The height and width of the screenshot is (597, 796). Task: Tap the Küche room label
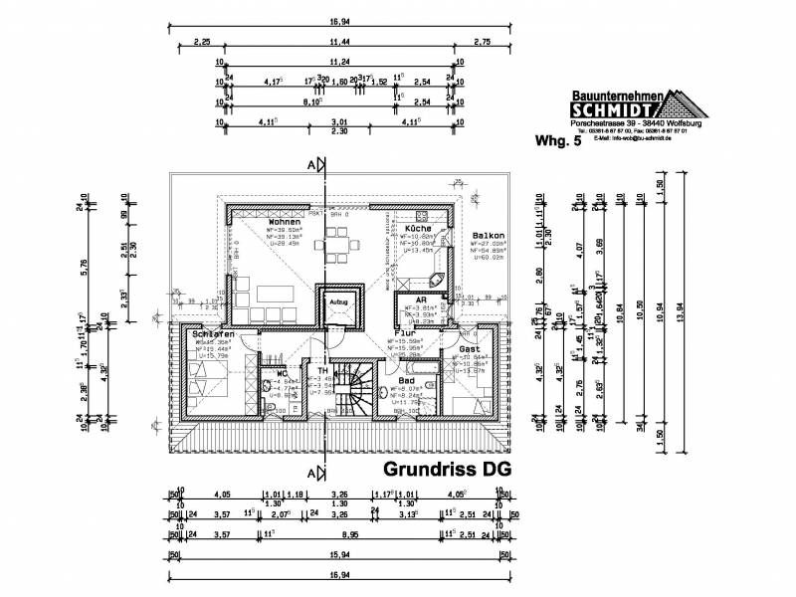[x=419, y=228]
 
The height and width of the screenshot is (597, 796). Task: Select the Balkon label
[x=489, y=236]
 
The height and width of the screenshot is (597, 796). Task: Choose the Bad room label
[x=407, y=380]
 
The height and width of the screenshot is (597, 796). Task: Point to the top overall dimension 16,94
[x=336, y=18]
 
